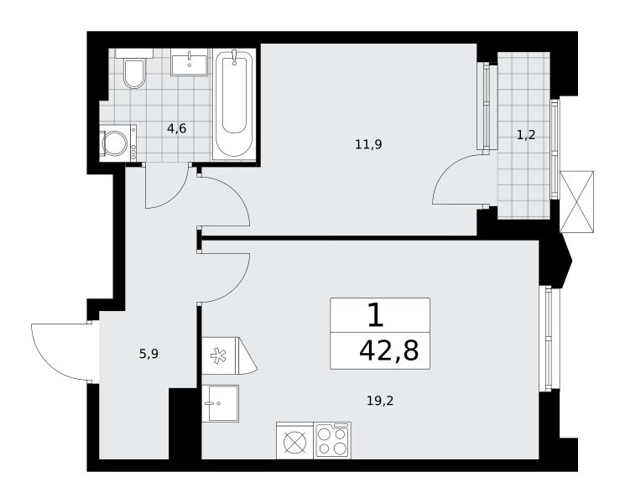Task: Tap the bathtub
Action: point(234,104)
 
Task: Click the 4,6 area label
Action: point(176,128)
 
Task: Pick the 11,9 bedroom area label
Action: point(368,143)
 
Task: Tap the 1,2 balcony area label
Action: point(526,136)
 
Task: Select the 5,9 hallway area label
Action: point(148,354)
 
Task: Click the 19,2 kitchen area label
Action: point(380,400)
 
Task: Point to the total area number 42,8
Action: point(389,351)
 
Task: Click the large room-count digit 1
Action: point(376,314)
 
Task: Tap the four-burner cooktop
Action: point(332,440)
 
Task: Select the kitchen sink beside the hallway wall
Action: point(221,403)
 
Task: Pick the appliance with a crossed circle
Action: point(295,440)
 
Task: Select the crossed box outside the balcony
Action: point(576,201)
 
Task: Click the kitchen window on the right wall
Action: point(549,338)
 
